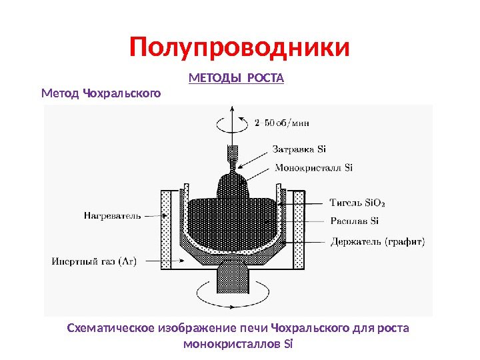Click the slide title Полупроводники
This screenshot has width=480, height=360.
coord(239,48)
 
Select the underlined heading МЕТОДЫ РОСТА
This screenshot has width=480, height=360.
coord(237,79)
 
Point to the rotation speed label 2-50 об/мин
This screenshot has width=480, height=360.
coord(281,122)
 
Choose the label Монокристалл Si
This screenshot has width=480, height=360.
coord(313,167)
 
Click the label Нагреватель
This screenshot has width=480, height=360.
coord(113,215)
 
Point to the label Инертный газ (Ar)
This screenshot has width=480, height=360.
coord(94,261)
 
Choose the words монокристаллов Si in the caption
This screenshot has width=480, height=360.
coord(237,344)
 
